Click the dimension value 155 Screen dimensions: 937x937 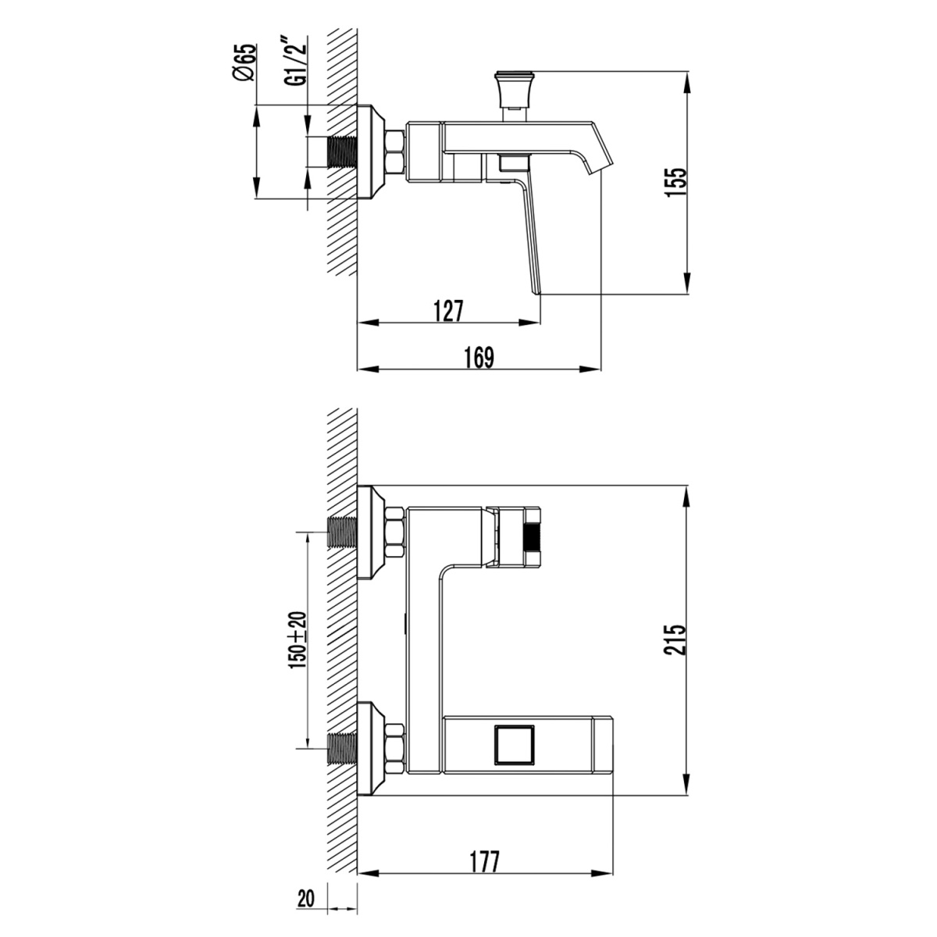[x=677, y=184]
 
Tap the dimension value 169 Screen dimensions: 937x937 [x=479, y=357]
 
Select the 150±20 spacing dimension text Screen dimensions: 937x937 [x=297, y=638]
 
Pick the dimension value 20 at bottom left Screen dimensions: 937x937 [x=305, y=899]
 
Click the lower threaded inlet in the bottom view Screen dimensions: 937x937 [x=340, y=747]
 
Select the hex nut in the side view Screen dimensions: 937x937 [x=396, y=151]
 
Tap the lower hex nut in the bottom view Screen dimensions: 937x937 [x=394, y=745]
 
